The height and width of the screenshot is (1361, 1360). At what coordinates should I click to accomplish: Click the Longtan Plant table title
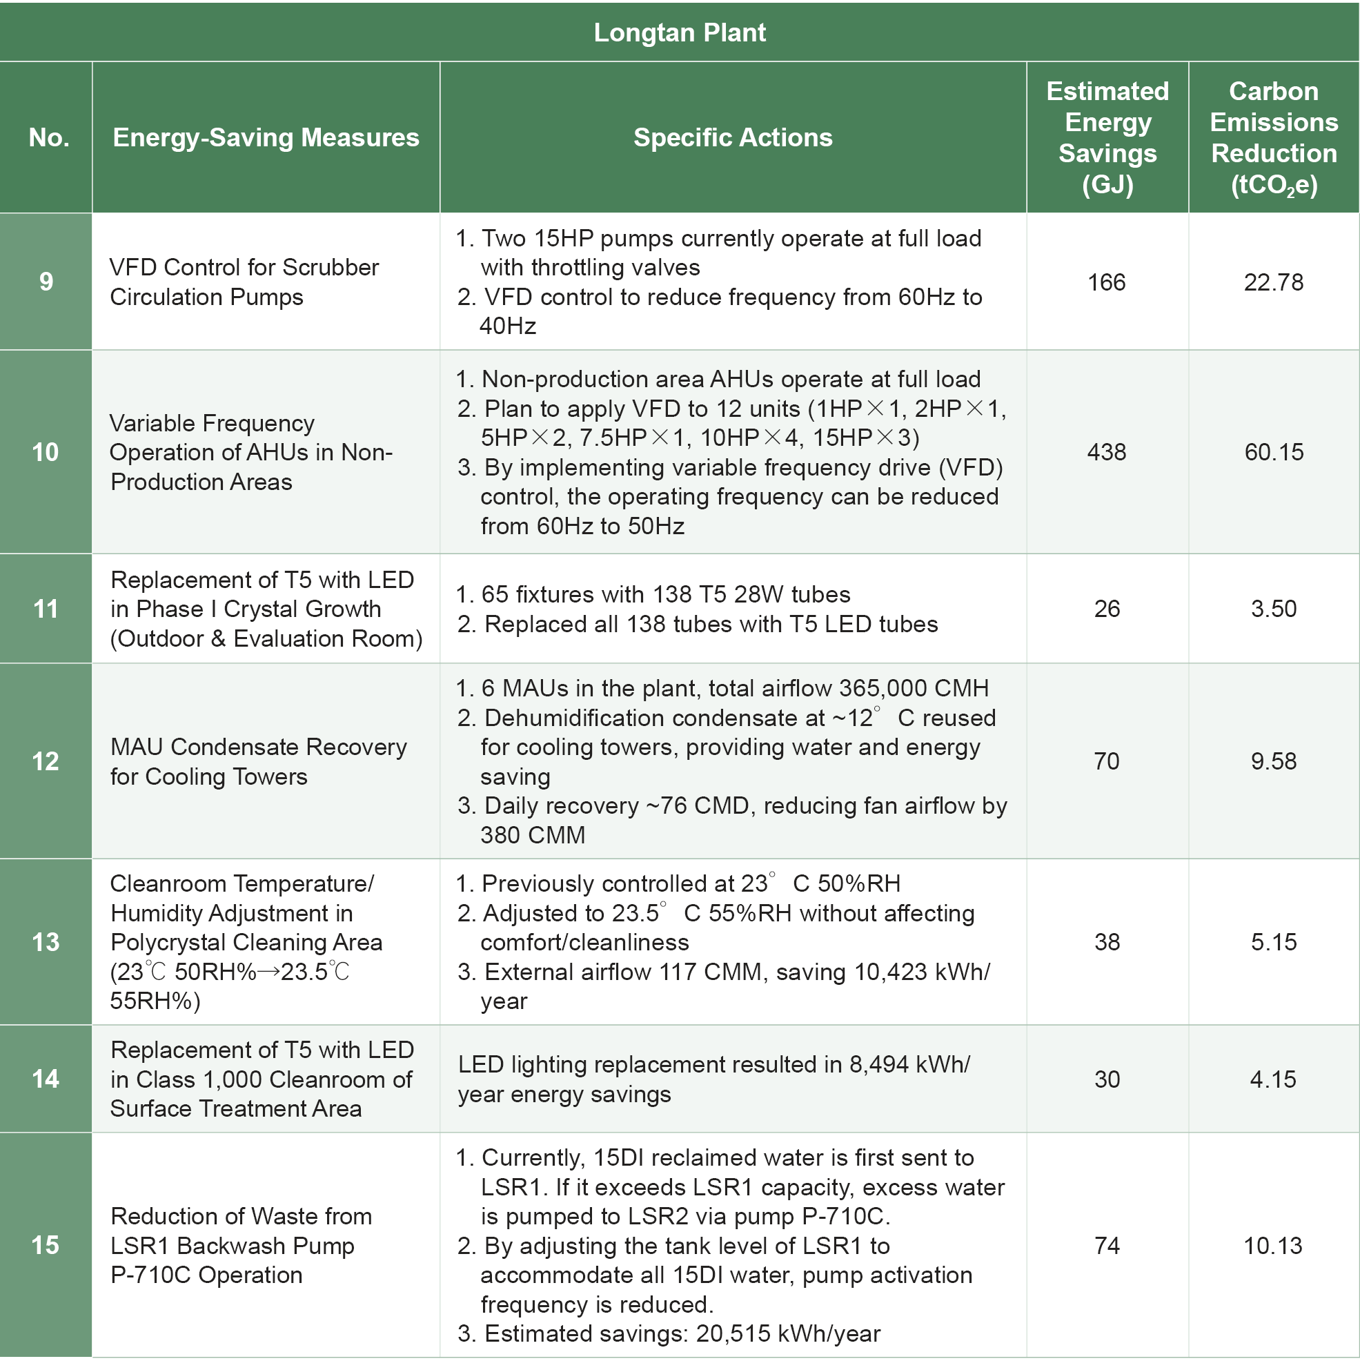point(680,32)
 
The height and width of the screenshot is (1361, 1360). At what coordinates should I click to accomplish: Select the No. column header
point(48,137)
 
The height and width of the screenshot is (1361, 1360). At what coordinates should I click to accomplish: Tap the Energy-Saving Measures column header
point(266,137)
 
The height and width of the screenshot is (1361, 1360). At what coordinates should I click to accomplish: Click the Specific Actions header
point(733,137)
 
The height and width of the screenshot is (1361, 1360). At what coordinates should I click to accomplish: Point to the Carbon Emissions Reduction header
point(1273,137)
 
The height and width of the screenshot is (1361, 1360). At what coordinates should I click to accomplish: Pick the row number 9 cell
point(46,282)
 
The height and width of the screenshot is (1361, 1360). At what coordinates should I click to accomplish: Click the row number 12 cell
point(46,761)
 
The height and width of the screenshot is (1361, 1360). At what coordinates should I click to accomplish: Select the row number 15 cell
point(46,1245)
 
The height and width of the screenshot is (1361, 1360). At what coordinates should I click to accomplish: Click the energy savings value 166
point(1107,282)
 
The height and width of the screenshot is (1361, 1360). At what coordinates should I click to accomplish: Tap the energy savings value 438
point(1107,451)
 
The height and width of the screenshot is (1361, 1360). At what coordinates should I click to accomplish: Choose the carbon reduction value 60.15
point(1273,451)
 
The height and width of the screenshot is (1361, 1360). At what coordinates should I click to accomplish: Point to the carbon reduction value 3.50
point(1273,609)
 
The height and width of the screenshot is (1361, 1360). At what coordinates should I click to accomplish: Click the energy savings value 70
point(1107,761)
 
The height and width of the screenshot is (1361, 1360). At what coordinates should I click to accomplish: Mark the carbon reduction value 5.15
point(1273,942)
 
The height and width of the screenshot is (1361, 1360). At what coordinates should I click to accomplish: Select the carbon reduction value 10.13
point(1272,1246)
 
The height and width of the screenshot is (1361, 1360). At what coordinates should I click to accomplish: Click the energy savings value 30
point(1107,1079)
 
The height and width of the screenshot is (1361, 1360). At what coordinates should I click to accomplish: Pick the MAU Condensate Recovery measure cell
point(259,761)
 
